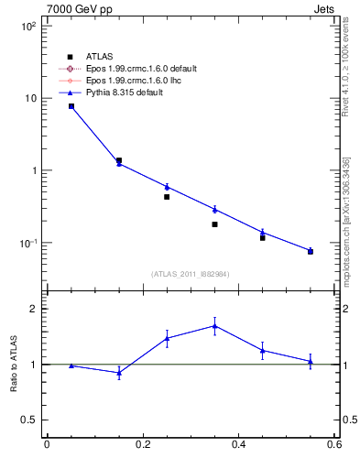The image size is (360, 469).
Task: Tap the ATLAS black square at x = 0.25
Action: (167, 197)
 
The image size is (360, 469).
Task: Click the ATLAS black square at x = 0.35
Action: (214, 224)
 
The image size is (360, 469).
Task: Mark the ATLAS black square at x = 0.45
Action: (263, 237)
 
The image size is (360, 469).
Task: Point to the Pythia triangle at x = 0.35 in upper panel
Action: (214, 209)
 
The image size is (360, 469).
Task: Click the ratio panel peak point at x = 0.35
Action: (214, 325)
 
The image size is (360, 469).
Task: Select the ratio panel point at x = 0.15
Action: (119, 373)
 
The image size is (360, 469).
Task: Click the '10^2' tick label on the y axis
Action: (27, 27)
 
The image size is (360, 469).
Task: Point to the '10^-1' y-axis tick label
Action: (27, 244)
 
